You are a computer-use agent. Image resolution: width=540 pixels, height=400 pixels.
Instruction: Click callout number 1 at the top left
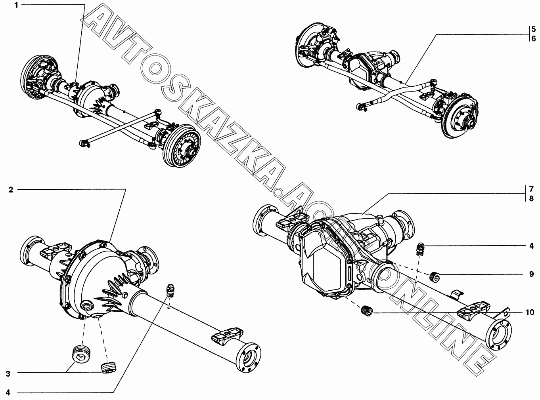pyautogui.click(x=17, y=5)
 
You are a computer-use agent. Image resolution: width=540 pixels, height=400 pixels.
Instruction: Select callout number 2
pyautogui.click(x=11, y=190)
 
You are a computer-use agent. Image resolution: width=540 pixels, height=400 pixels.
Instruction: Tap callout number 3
pyautogui.click(x=8, y=373)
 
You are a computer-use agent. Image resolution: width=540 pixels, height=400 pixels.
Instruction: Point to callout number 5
pyautogui.click(x=533, y=29)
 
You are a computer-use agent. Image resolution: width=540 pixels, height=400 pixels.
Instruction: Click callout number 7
pyautogui.click(x=531, y=188)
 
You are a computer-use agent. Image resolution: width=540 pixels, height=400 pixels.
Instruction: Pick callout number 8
pyautogui.click(x=531, y=198)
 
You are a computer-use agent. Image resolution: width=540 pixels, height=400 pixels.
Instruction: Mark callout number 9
pyautogui.click(x=531, y=274)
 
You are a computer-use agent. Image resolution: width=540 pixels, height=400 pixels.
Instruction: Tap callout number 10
pyautogui.click(x=530, y=312)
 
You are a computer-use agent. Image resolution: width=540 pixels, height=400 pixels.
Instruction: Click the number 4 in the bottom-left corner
pyautogui.click(x=8, y=392)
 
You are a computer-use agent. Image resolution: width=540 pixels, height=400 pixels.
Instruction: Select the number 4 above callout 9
pyautogui.click(x=531, y=246)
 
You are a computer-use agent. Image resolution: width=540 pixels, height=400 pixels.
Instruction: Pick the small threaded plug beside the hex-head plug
pyautogui.click(x=108, y=367)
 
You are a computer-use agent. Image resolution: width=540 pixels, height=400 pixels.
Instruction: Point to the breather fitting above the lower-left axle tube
pyautogui.click(x=170, y=290)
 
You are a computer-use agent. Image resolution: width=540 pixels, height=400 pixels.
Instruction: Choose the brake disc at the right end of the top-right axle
pyautogui.click(x=460, y=117)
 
